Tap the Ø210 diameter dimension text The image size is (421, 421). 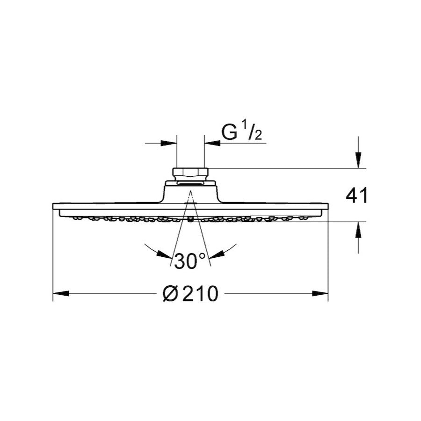pyautogui.click(x=190, y=293)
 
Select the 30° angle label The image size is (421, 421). pyautogui.click(x=190, y=261)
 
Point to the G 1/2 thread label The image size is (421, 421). pyautogui.click(x=241, y=130)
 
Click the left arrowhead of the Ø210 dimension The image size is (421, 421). pyautogui.click(x=61, y=293)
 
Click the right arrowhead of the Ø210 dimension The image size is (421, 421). pyautogui.click(x=320, y=293)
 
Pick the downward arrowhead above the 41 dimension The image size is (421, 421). pyautogui.click(x=358, y=160)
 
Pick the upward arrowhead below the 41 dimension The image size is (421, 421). pyautogui.click(x=358, y=230)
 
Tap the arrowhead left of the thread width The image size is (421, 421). pyautogui.click(x=169, y=143)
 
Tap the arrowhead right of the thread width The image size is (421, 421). pyautogui.click(x=212, y=143)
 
